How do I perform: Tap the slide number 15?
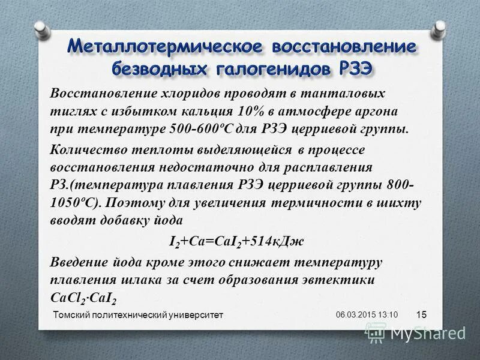click(x=421, y=315)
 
